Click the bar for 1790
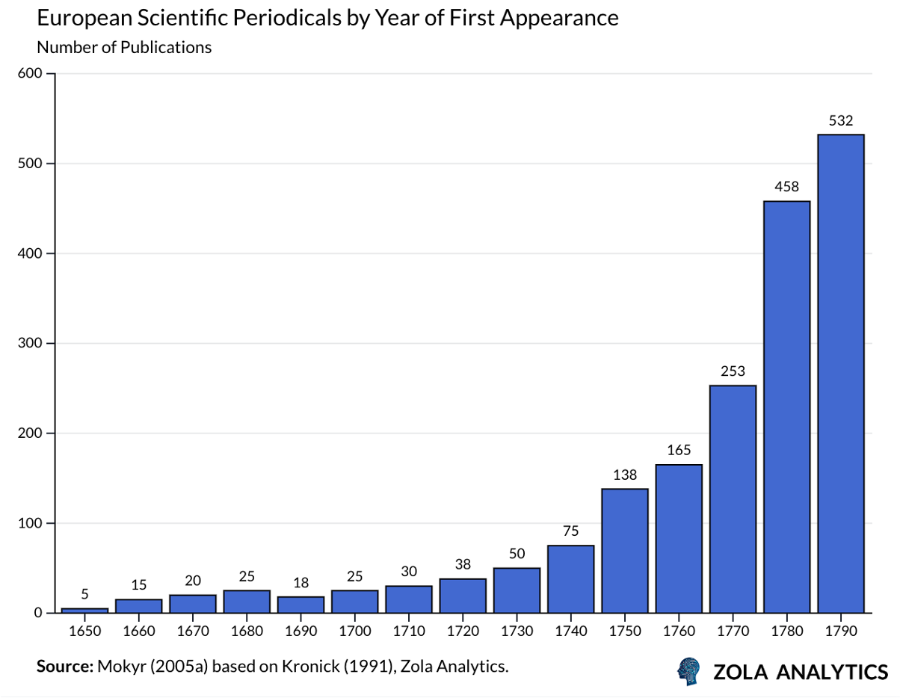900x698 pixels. [841, 374]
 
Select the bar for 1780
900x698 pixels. [786, 407]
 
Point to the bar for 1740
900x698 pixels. [571, 579]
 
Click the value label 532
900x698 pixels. [841, 120]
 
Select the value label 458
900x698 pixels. [786, 187]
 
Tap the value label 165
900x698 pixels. [679, 450]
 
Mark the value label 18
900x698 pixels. [300, 582]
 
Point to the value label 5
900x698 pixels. [84, 594]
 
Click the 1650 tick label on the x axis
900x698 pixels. [84, 631]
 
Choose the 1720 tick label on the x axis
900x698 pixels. [463, 631]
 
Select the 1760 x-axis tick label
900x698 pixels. [679, 631]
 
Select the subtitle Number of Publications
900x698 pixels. [124, 47]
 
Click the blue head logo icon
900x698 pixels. [689, 671]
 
